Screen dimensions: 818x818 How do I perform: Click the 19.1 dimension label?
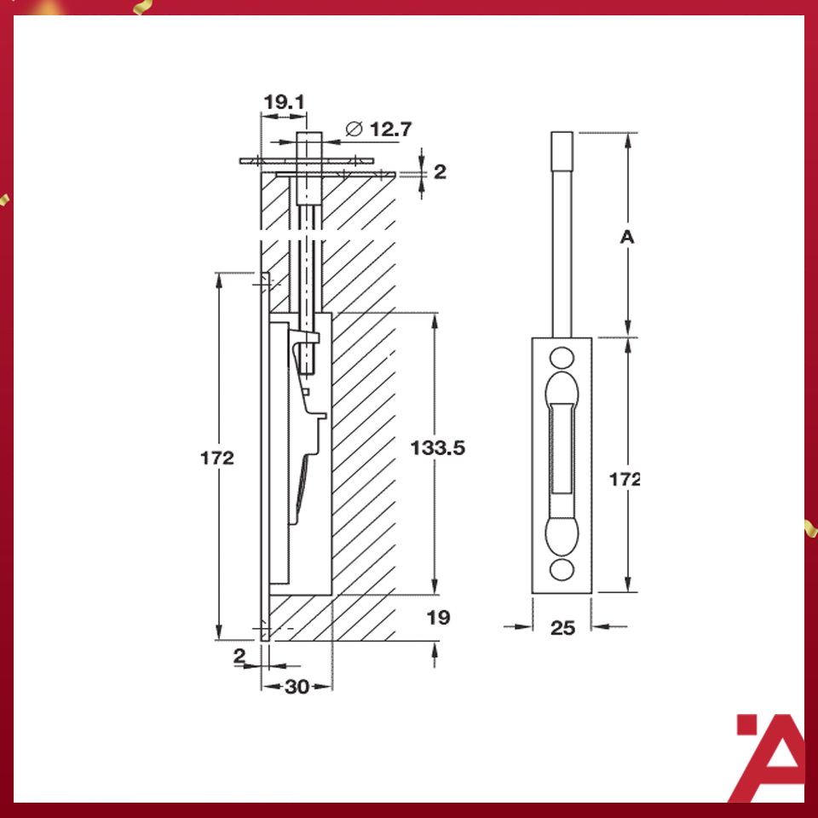click(284, 102)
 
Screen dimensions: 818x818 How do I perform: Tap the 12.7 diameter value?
click(391, 130)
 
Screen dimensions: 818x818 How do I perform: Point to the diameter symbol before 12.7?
click(354, 130)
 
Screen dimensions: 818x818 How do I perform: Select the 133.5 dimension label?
click(437, 446)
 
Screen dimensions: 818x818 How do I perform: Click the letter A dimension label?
click(627, 238)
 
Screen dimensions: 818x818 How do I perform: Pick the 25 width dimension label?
click(562, 628)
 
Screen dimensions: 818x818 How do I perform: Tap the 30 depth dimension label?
click(297, 687)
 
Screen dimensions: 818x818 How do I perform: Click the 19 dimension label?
click(438, 617)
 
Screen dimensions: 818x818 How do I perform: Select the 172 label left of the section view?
click(217, 458)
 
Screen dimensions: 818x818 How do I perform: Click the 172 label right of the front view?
click(625, 480)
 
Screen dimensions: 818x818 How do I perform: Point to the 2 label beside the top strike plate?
click(440, 172)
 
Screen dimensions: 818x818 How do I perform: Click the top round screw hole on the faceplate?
click(562, 356)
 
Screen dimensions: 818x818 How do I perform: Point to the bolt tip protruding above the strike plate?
click(308, 143)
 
